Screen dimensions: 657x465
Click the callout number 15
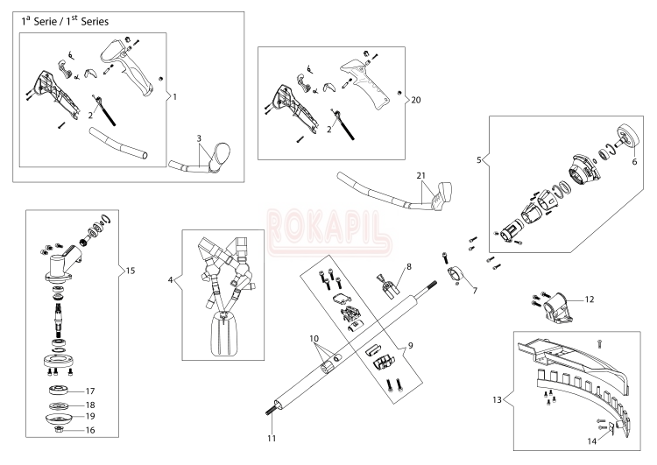(131, 271)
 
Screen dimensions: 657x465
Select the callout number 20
(415, 100)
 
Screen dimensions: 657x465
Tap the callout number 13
(497, 399)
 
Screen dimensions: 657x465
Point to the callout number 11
(272, 438)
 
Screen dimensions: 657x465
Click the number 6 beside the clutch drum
(634, 162)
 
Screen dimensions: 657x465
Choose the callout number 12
(590, 299)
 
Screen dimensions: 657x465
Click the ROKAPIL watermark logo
(329, 233)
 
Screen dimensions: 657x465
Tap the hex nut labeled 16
(59, 429)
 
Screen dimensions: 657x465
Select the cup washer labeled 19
(58, 418)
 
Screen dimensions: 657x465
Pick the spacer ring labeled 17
(58, 391)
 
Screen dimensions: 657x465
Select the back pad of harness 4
(223, 334)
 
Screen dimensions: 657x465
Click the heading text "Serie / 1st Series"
(71, 21)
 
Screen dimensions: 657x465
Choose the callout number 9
(410, 345)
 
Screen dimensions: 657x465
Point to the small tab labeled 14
(611, 428)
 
